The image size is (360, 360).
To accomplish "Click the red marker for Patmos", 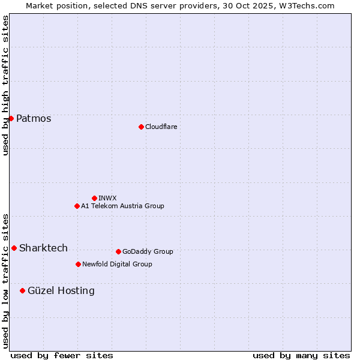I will tap(11, 118).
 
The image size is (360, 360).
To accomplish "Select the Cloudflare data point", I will tap(141, 127).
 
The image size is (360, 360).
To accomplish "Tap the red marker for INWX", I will tap(94, 198).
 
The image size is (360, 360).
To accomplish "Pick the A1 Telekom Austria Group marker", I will tap(77, 206).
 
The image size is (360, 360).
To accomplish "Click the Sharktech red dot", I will tap(14, 248).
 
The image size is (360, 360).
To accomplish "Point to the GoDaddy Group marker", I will tap(118, 251).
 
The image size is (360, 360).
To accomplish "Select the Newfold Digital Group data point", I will tap(78, 264).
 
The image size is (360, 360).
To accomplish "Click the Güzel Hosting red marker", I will tap(22, 290).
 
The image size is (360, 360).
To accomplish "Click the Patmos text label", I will tap(34, 118).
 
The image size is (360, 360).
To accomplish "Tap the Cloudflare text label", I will tap(161, 127).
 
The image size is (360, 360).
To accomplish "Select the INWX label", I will tap(107, 198).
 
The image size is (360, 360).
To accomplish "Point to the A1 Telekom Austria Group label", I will tap(122, 206).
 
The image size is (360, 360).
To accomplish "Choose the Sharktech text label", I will tap(43, 248).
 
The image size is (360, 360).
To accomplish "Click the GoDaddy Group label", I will tap(147, 251).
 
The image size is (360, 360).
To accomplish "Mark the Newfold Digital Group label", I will tap(117, 264).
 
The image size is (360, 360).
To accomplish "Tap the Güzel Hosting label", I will tap(61, 290).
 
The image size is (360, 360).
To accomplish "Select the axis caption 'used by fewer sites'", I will tap(62, 355).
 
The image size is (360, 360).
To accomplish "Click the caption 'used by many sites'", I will tap(301, 355).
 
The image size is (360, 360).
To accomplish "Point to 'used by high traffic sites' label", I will tap(5, 85).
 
